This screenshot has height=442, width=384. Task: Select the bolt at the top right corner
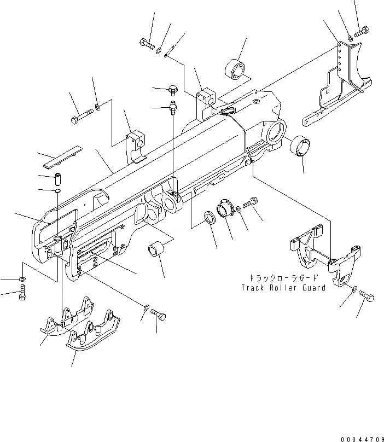(362, 32)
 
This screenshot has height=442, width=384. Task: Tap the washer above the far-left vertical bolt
(22, 280)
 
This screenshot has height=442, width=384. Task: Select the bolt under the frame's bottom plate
(159, 315)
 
